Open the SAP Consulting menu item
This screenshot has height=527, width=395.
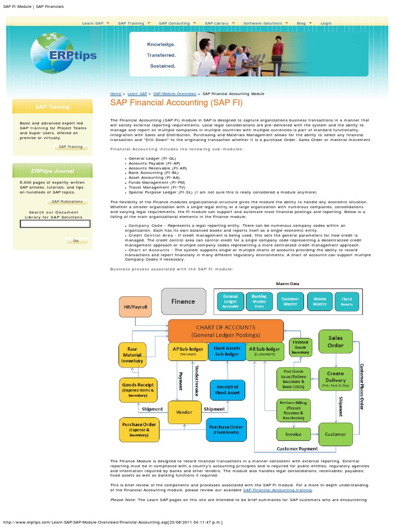tap(174, 23)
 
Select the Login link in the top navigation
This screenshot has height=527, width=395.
tap(326, 23)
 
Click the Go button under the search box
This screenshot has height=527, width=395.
tap(76, 240)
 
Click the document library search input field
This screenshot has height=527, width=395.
tap(55, 224)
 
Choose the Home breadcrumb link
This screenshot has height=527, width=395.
tap(115, 94)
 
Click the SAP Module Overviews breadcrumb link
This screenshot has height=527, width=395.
tap(175, 94)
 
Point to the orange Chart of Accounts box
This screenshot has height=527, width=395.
tap(226, 331)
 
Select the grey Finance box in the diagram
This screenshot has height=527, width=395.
tap(183, 301)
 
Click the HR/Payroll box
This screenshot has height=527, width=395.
tap(136, 307)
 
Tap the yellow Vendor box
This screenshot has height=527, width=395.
tap(184, 412)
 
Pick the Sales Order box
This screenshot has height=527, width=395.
tap(335, 342)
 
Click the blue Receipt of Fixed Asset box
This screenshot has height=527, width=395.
tap(227, 390)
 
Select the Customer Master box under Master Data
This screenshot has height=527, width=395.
tap(291, 301)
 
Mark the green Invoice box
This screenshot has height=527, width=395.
tap(293, 434)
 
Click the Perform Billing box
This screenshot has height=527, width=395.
tap(293, 410)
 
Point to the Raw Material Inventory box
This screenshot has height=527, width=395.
tap(132, 355)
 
